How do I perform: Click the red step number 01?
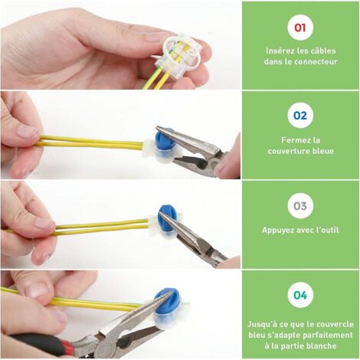(x=300, y=28)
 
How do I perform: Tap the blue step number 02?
(x=300, y=116)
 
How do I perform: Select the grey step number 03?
(x=300, y=206)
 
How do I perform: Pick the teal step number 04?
(x=300, y=295)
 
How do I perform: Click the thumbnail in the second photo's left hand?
(x=27, y=133)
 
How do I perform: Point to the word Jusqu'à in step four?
(x=263, y=324)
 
